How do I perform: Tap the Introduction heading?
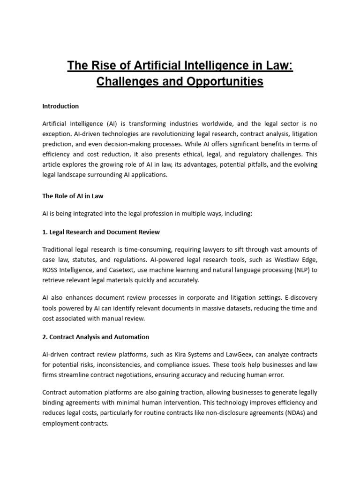click(60, 106)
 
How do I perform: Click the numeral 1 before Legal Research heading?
click(44, 232)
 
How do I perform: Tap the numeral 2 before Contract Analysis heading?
click(44, 337)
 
